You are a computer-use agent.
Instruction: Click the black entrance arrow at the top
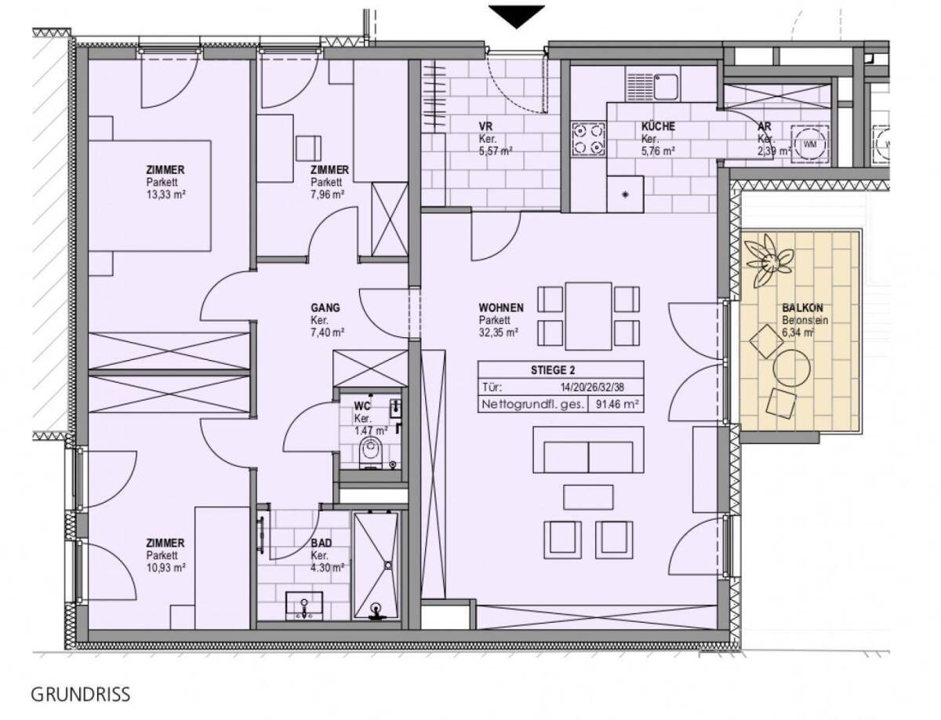516,16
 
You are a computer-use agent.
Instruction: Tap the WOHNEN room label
501,307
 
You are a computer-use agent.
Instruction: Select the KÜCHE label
658,126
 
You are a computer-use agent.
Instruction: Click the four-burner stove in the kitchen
588,139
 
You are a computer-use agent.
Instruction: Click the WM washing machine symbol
809,144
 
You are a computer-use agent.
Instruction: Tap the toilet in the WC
369,452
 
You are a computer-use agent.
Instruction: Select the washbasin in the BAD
304,606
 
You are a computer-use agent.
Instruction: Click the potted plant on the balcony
768,260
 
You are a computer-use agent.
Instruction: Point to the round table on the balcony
791,368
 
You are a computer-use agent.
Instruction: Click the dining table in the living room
588,316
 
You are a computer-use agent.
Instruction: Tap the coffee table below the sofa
588,497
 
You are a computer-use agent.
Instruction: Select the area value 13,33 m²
165,195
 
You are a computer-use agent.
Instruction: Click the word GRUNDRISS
80,694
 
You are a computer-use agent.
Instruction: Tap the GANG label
325,307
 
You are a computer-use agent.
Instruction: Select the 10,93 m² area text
165,568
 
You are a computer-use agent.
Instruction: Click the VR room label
485,126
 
